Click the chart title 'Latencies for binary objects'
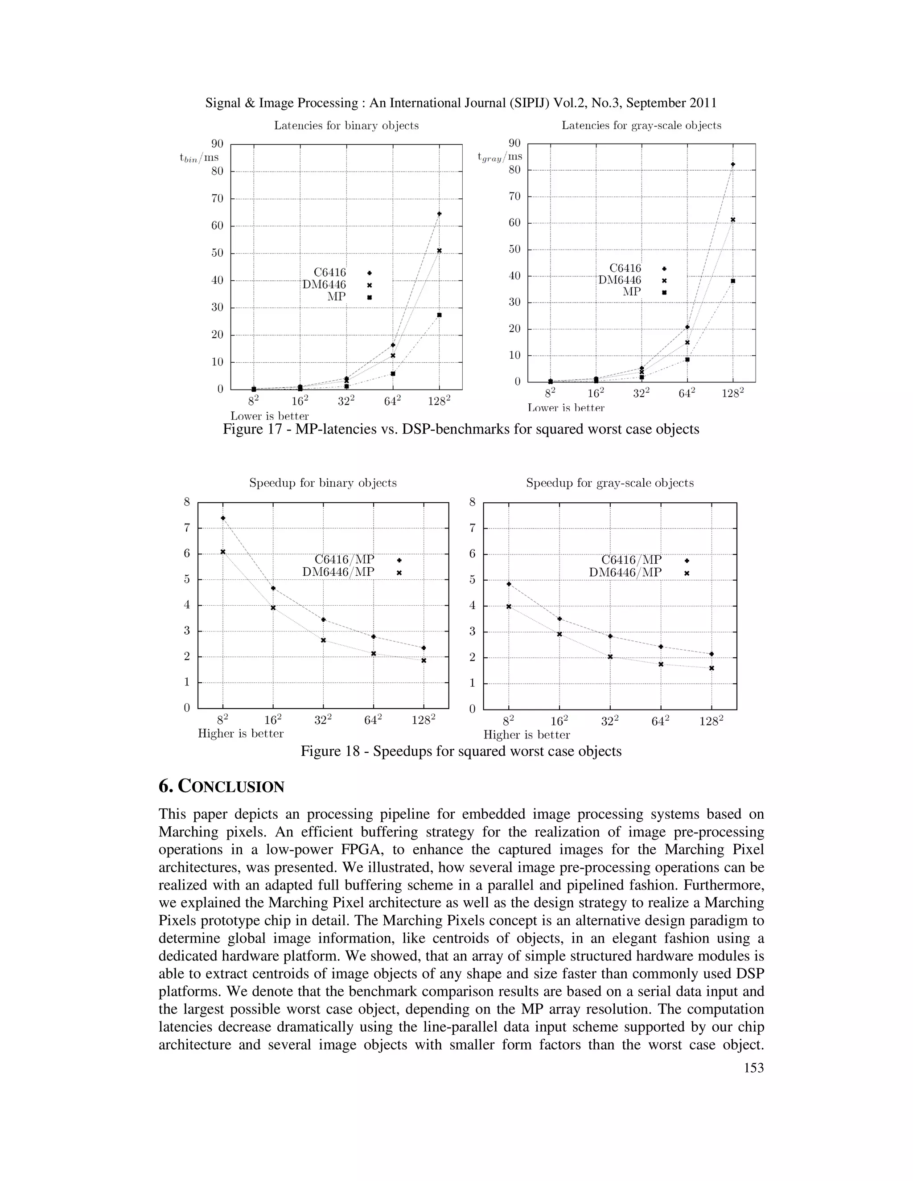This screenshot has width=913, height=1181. pyautogui.click(x=346, y=126)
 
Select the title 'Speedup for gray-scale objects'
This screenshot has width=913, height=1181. pyautogui.click(x=609, y=483)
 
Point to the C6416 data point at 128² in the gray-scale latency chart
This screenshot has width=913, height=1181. pyautogui.click(x=733, y=164)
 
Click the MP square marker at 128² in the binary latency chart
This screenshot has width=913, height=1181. pyautogui.click(x=439, y=315)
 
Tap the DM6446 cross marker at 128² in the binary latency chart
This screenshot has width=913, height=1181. pyautogui.click(x=439, y=250)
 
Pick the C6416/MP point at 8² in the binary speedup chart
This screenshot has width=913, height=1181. pyautogui.click(x=223, y=518)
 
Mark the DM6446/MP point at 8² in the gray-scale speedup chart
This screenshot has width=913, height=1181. pyautogui.click(x=508, y=607)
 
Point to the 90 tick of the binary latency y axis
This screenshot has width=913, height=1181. pyautogui.click(x=217, y=144)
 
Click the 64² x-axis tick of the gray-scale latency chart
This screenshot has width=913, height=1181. pyautogui.click(x=687, y=394)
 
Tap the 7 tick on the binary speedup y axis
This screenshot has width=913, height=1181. pyautogui.click(x=187, y=528)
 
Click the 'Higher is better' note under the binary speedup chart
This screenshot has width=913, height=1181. pyautogui.click(x=241, y=734)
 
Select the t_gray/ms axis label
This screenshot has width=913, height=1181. pyautogui.click(x=500, y=157)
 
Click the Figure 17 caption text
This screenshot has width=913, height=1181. pyautogui.click(x=461, y=429)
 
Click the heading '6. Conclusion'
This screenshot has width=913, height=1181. pyautogui.click(x=221, y=786)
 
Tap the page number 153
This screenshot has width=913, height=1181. pyautogui.click(x=753, y=1067)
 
